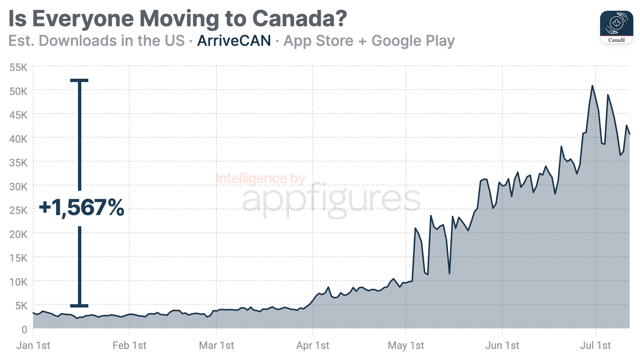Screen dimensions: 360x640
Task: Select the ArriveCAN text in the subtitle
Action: [x=234, y=41]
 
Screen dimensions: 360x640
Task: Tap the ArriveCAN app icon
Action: [x=616, y=27]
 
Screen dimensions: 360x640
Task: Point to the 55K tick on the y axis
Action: [x=18, y=67]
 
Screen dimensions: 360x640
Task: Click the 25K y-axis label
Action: [x=18, y=210]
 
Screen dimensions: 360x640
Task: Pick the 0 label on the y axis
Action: [x=24, y=329]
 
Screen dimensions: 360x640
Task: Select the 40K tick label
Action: [x=18, y=139]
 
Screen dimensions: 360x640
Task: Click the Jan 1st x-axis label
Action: [x=33, y=346]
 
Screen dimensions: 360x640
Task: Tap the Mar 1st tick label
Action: [x=217, y=346]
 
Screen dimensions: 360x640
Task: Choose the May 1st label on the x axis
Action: [x=406, y=346]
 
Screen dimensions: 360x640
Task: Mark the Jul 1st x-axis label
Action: [x=595, y=346]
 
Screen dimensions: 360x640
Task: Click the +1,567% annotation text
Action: [x=82, y=207]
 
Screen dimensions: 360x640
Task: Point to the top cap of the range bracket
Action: [x=79, y=80]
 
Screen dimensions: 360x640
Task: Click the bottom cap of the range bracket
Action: [x=79, y=306]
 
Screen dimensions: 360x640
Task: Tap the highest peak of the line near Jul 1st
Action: [x=592, y=86]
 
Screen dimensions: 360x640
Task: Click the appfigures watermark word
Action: [x=331, y=200]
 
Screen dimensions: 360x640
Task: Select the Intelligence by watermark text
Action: [x=260, y=179]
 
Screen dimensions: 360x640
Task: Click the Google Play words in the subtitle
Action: [x=413, y=41]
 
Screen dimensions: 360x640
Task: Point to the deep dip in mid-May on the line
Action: [x=449, y=273]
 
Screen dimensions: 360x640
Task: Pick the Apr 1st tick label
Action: [x=313, y=346]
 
